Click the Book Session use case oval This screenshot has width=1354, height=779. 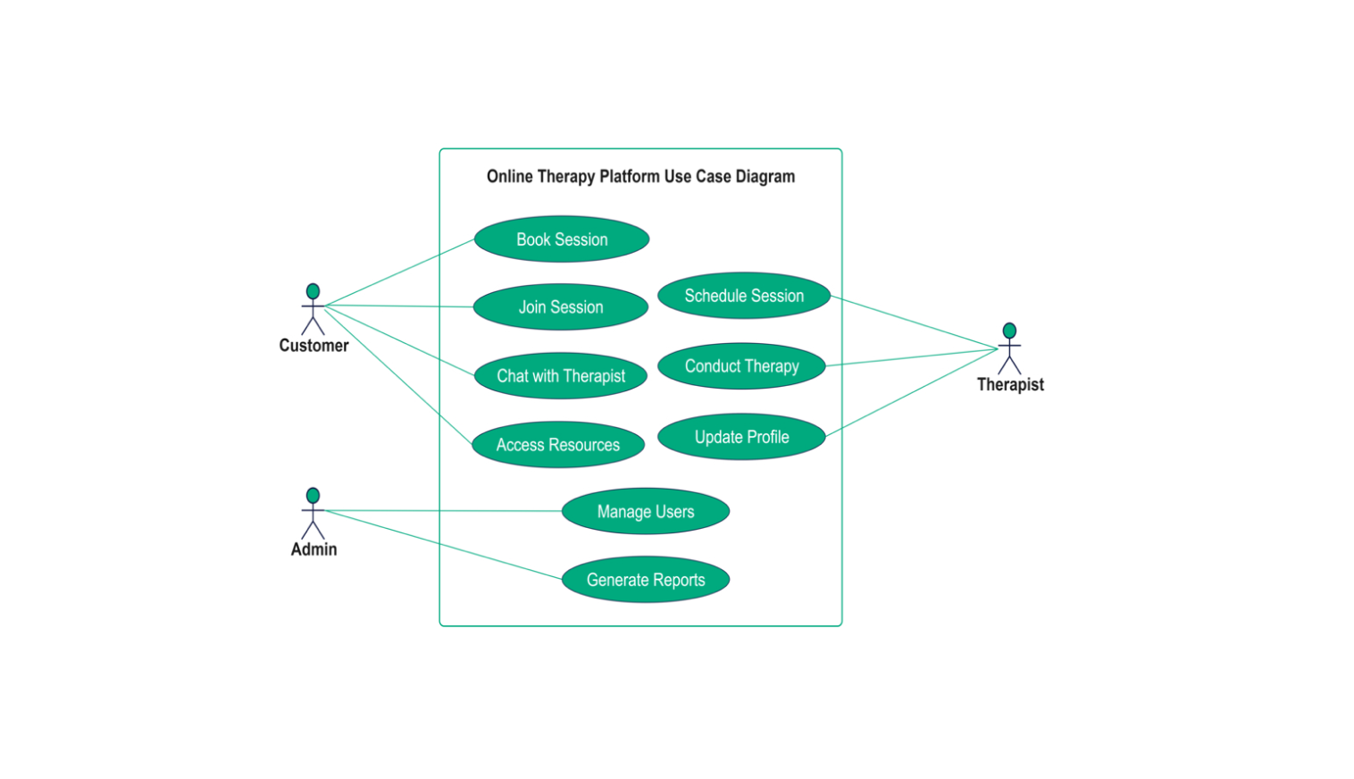[x=562, y=239]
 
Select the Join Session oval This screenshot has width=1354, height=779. [x=561, y=307]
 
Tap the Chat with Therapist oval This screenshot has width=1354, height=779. [x=561, y=376]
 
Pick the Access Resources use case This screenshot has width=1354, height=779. [x=558, y=445]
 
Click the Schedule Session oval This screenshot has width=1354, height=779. [x=744, y=296]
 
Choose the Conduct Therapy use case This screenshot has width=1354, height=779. [x=741, y=366]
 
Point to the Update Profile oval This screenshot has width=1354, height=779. [x=741, y=437]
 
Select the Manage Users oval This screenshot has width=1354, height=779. [x=646, y=512]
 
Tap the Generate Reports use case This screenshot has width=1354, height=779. [x=646, y=580]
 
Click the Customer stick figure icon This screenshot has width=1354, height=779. [x=313, y=308]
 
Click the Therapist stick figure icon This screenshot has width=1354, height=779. [x=1009, y=348]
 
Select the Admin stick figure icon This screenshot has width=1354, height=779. [x=313, y=512]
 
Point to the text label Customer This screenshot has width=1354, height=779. [x=313, y=346]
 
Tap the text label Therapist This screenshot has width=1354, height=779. [x=1010, y=385]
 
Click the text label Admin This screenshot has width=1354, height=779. [x=313, y=549]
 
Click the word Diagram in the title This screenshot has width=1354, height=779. [x=765, y=177]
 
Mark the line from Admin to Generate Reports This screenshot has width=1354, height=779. [x=444, y=545]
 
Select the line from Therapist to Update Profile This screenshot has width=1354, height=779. [x=911, y=393]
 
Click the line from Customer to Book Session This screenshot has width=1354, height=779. [x=399, y=272]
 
